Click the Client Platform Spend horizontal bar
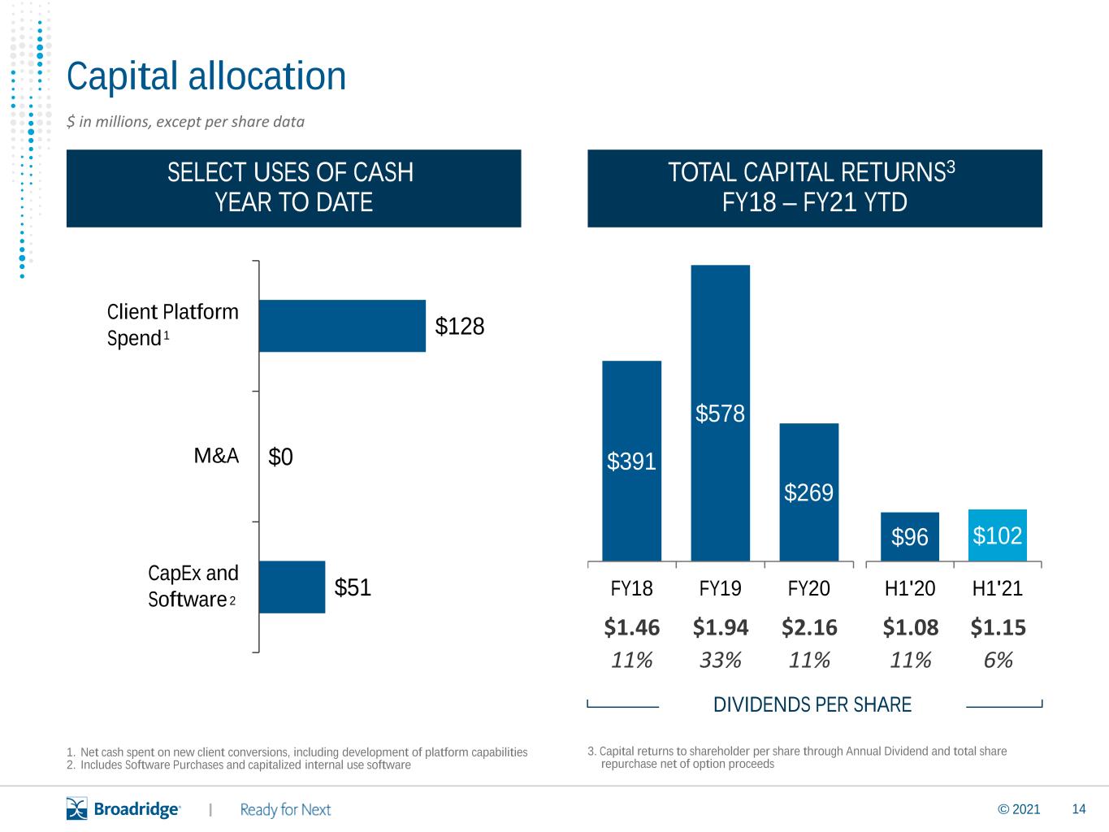click(342, 326)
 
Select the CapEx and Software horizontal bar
click(292, 587)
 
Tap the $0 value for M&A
click(280, 457)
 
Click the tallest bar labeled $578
click(720, 413)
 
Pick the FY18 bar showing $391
click(631, 461)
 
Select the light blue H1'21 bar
click(998, 535)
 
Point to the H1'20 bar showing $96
click(909, 536)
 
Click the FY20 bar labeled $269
click(809, 492)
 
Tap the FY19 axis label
click(720, 588)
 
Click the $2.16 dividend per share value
click(809, 627)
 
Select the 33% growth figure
click(720, 660)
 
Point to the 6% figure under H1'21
click(998, 660)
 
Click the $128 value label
click(460, 326)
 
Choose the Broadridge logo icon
click(77, 808)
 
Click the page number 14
click(1079, 808)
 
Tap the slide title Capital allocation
click(206, 76)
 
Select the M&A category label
click(216, 456)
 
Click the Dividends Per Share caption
click(812, 704)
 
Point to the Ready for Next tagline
click(285, 809)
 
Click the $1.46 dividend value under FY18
click(631, 627)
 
